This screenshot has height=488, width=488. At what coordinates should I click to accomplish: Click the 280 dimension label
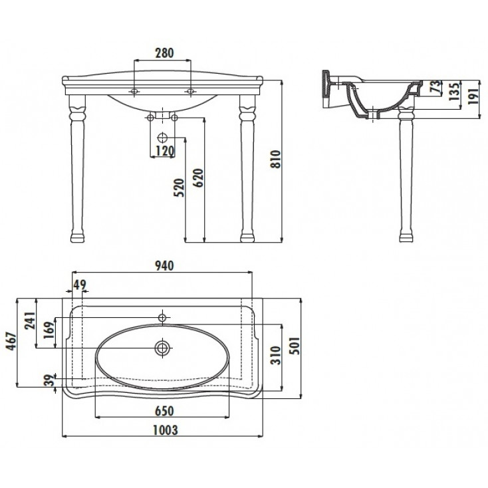point(164,53)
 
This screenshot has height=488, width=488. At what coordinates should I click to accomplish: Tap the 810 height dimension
point(276,159)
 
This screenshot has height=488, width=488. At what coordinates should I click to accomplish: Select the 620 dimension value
point(198,178)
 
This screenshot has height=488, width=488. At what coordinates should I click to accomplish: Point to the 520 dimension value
point(179,187)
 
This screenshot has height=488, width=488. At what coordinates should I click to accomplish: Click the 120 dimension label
point(165,151)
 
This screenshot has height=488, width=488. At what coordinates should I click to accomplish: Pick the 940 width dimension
point(164,265)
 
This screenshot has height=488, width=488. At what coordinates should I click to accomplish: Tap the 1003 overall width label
point(166,430)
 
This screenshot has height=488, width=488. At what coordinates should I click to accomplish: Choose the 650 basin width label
point(164,411)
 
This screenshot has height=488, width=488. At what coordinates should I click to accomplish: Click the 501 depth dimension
point(295,346)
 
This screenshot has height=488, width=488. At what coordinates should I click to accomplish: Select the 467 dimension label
point(11,341)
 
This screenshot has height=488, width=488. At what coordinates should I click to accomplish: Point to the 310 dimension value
point(275,355)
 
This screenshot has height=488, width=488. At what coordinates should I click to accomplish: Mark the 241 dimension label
point(30,320)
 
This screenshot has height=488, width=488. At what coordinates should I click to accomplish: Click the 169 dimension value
point(49,331)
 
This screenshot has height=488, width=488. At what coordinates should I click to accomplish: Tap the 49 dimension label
point(79,285)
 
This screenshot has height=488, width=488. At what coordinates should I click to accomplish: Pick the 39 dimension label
point(49,380)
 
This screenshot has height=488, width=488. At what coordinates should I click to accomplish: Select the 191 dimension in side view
point(473,96)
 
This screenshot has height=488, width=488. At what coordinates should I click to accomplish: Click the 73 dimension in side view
point(436,87)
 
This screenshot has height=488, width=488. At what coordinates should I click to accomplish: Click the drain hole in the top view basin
point(163,348)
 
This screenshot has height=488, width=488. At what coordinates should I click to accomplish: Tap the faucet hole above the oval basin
point(162,317)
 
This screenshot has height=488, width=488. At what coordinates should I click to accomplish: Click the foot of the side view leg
point(406,237)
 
